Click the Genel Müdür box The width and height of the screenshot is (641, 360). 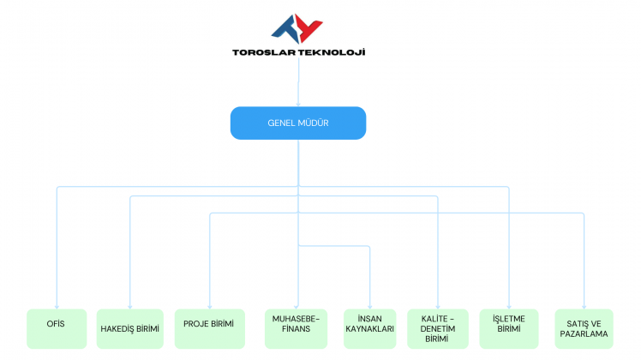pyautogui.click(x=297, y=123)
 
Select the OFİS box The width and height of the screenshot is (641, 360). pyautogui.click(x=57, y=328)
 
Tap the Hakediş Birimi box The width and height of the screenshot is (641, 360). pyautogui.click(x=129, y=328)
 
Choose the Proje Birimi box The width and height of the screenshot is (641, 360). pyautogui.click(x=209, y=328)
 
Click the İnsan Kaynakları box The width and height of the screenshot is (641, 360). pyautogui.click(x=369, y=328)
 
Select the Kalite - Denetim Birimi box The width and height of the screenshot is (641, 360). pyautogui.click(x=437, y=328)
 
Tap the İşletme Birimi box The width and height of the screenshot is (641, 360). pyautogui.click(x=509, y=328)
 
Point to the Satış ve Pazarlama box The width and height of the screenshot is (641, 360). pyautogui.click(x=584, y=328)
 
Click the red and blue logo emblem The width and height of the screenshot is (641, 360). pyautogui.click(x=297, y=27)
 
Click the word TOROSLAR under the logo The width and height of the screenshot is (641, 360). pyautogui.click(x=263, y=52)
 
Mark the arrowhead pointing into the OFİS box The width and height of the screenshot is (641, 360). pyautogui.click(x=57, y=305)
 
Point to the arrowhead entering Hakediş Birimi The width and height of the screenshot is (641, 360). pyautogui.click(x=129, y=305)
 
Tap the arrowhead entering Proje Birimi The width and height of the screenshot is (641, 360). pyautogui.click(x=209, y=305)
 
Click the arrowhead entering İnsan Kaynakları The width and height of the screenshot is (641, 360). pyautogui.click(x=369, y=305)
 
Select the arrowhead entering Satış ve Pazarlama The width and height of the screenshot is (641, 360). pyautogui.click(x=584, y=305)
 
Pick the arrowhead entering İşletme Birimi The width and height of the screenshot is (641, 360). pyautogui.click(x=509, y=305)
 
